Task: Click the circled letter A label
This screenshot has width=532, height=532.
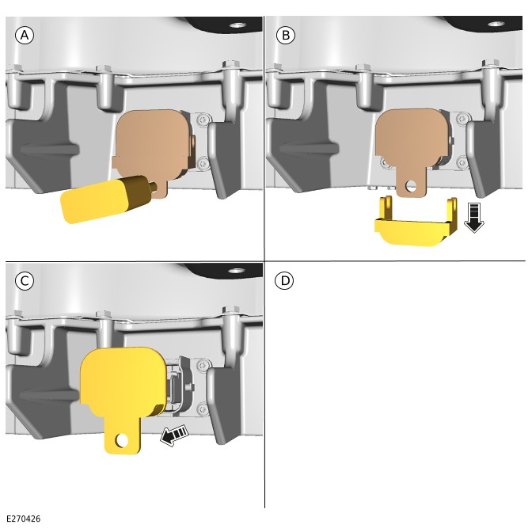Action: click(25, 36)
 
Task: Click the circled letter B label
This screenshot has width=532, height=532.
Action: click(286, 36)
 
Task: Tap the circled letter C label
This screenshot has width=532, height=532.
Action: click(25, 281)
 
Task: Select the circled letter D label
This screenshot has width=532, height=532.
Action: click(284, 281)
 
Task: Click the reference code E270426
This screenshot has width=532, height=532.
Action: click(24, 519)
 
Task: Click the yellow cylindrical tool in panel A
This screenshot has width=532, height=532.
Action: click(105, 199)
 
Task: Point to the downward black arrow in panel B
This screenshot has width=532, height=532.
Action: click(474, 218)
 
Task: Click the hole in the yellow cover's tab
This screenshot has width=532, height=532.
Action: click(122, 441)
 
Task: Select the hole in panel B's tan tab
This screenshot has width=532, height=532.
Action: click(411, 185)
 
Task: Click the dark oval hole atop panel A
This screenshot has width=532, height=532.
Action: click(237, 25)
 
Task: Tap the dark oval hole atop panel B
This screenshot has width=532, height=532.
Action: click(496, 24)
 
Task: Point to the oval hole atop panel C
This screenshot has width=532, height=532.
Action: click(237, 271)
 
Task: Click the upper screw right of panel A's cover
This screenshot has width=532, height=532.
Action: click(203, 120)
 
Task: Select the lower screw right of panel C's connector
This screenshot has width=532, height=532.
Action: click(203, 409)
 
